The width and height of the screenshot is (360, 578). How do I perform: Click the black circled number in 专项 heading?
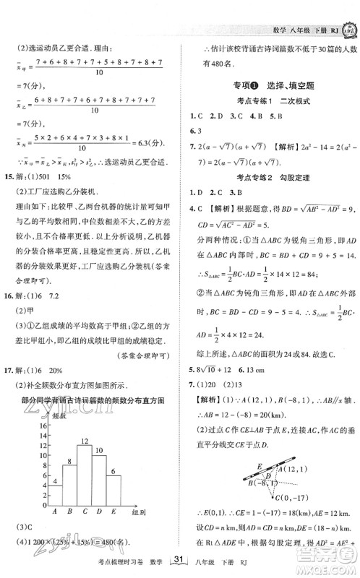tap(250, 84)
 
